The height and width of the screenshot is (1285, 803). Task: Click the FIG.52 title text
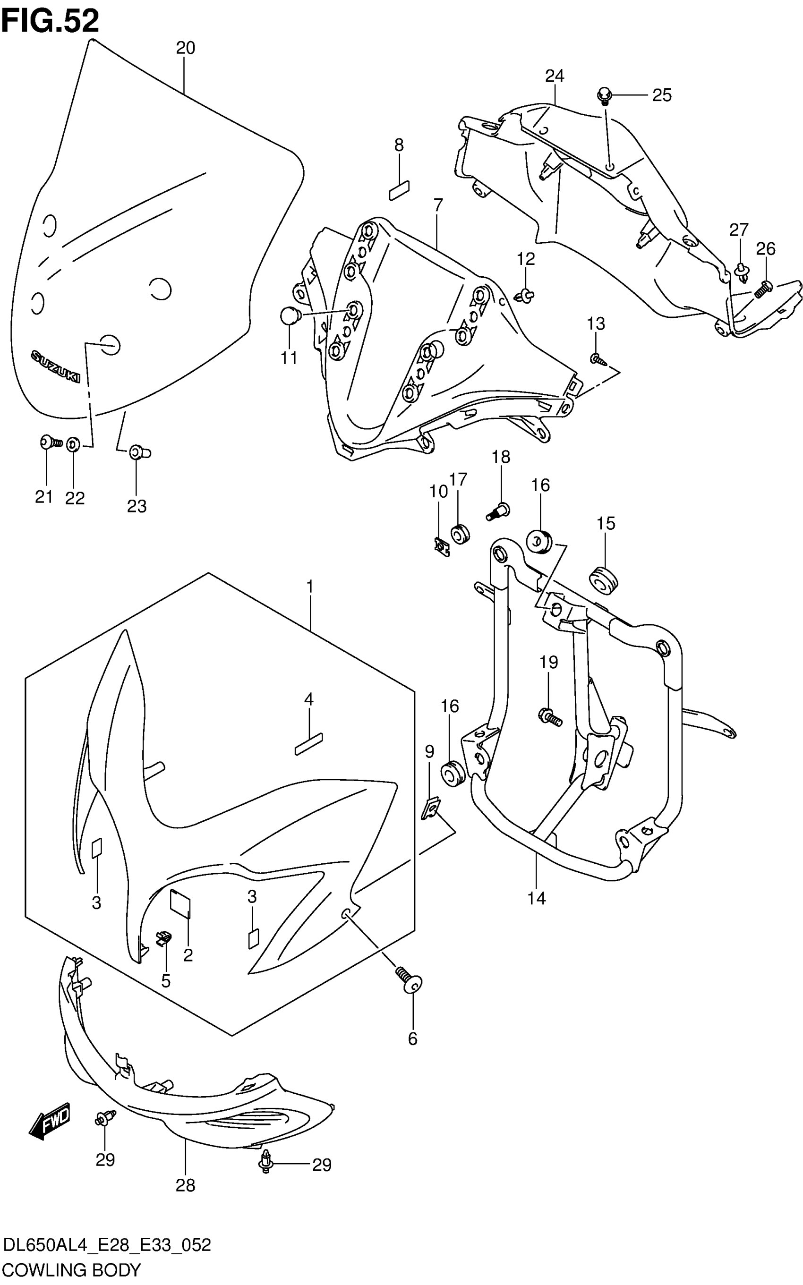(51, 21)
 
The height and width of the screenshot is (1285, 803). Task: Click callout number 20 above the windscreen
(185, 48)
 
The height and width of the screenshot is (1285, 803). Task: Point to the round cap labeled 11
(290, 316)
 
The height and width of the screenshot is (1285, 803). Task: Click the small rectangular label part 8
(400, 191)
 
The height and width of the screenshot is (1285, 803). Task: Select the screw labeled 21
(50, 442)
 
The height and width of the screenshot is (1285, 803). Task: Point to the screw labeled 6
(409, 981)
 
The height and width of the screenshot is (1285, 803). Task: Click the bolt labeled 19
(550, 716)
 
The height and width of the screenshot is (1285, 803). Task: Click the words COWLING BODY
(72, 1271)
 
